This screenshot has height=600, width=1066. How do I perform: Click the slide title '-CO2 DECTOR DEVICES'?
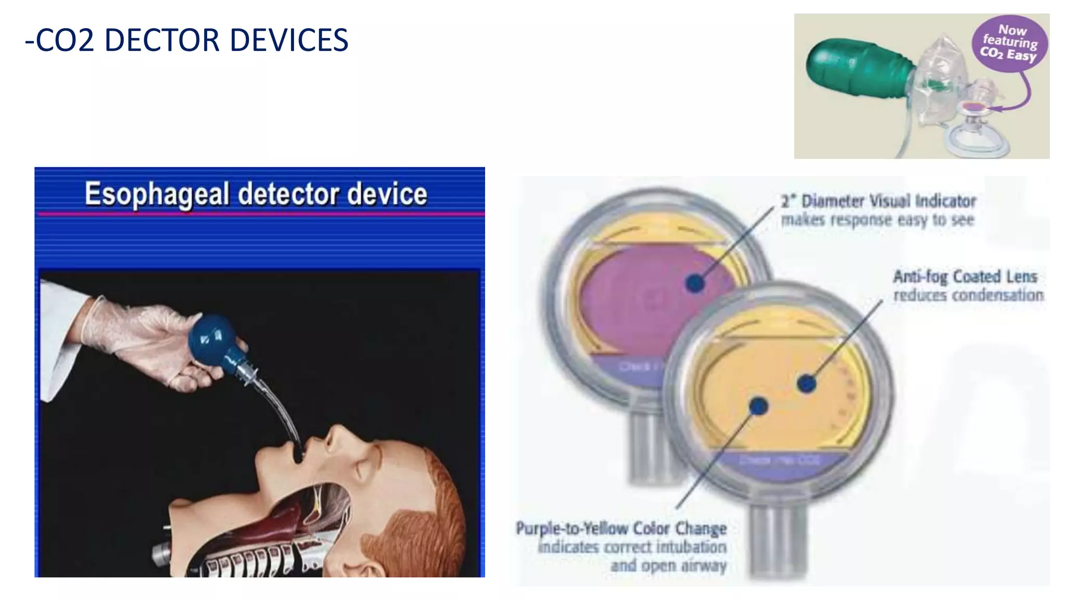(x=186, y=40)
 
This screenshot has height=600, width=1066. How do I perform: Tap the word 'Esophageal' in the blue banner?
(x=156, y=194)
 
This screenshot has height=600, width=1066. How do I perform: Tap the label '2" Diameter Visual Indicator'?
(x=878, y=201)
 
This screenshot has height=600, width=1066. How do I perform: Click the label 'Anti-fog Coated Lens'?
(x=965, y=277)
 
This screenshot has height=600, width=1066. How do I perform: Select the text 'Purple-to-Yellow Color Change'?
(x=621, y=528)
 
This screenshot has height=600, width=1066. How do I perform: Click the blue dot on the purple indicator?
(x=694, y=283)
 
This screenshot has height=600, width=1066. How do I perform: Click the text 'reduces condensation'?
(x=968, y=295)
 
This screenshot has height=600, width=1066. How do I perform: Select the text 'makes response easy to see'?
(x=877, y=220)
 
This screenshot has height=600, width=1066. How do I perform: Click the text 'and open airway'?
(x=668, y=566)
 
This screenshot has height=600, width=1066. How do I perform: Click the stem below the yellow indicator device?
(x=776, y=542)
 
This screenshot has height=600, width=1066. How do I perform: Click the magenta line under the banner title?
(x=260, y=214)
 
